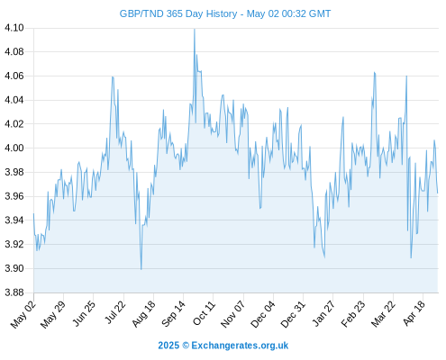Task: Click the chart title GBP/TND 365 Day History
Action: click(x=178, y=13)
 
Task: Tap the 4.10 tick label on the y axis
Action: click(x=14, y=28)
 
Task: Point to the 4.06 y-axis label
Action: click(x=14, y=76)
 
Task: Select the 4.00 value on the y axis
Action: click(x=14, y=148)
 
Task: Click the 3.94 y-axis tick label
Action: click(x=14, y=220)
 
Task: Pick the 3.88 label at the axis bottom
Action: click(x=14, y=292)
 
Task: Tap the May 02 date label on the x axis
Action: click(x=23, y=314)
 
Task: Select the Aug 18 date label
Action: click(x=144, y=314)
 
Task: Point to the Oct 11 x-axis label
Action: click(x=205, y=313)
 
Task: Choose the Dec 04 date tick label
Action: click(x=263, y=314)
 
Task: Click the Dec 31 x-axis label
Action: click(x=293, y=314)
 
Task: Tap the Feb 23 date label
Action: click(x=353, y=314)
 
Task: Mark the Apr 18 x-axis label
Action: click(x=414, y=313)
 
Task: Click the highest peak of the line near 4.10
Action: click(x=195, y=29)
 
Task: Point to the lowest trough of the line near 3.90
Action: click(x=141, y=269)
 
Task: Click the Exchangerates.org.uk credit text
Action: click(x=240, y=346)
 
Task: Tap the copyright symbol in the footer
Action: click(x=186, y=346)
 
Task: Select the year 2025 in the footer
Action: click(x=168, y=346)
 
